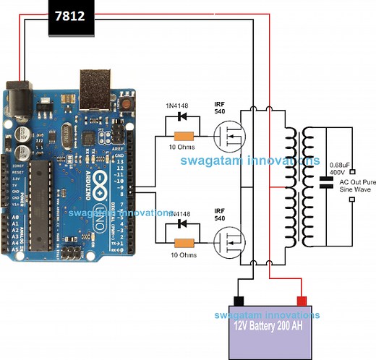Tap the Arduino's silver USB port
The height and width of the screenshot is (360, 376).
(95, 85)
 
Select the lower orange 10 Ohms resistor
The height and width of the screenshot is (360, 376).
(183, 243)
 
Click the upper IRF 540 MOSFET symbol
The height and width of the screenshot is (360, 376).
(229, 134)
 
